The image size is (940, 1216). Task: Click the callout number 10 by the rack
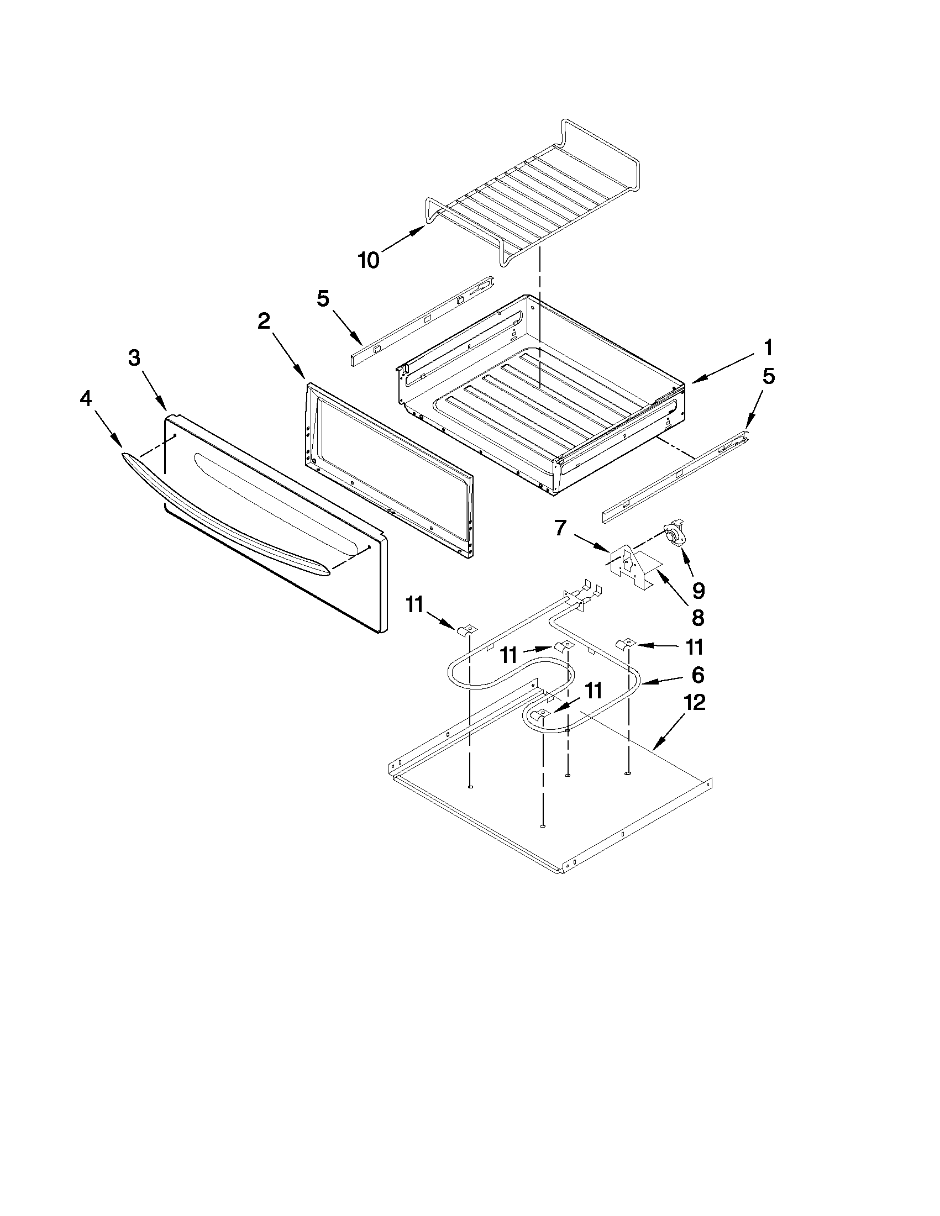click(369, 260)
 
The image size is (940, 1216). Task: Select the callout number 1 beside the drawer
click(768, 348)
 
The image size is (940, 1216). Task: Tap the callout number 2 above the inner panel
click(264, 320)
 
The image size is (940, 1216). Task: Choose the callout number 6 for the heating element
click(698, 675)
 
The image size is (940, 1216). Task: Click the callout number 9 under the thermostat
click(699, 589)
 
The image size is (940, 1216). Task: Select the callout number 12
click(695, 703)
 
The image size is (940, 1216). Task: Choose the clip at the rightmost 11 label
click(624, 644)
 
